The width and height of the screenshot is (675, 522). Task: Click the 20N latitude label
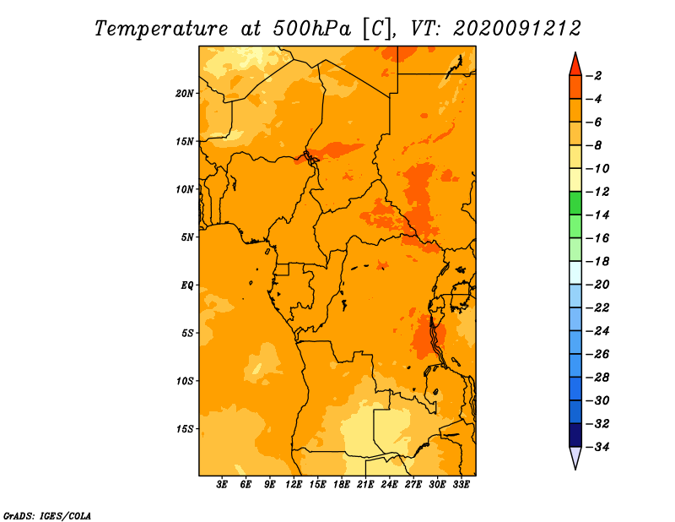coord(184,94)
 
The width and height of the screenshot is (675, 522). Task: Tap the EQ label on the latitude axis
coord(186,285)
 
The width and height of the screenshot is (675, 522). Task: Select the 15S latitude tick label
coord(184,429)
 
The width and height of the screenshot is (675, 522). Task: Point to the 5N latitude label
coord(186,237)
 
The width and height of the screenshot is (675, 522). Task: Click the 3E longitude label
coord(222,484)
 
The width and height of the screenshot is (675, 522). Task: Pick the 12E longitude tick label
coord(294,484)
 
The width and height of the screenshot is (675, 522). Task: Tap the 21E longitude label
coord(365,484)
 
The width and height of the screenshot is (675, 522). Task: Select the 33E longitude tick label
coord(461,484)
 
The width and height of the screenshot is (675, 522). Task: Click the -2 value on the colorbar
coord(594,76)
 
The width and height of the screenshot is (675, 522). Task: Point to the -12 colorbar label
coord(597,192)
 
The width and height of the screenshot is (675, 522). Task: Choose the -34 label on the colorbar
coord(597,447)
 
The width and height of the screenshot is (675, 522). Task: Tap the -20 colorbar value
coord(597,285)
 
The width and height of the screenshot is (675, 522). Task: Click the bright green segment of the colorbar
coord(575,203)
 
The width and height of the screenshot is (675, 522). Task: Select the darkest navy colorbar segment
coord(575,435)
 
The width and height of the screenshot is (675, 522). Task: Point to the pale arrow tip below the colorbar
coord(575,469)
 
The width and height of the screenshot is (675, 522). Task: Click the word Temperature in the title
coord(161,30)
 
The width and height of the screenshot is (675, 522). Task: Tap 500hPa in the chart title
coord(311,29)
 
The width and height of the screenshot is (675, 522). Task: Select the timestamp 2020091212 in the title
coord(517,29)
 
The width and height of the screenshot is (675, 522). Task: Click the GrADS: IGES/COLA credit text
coord(47,516)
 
